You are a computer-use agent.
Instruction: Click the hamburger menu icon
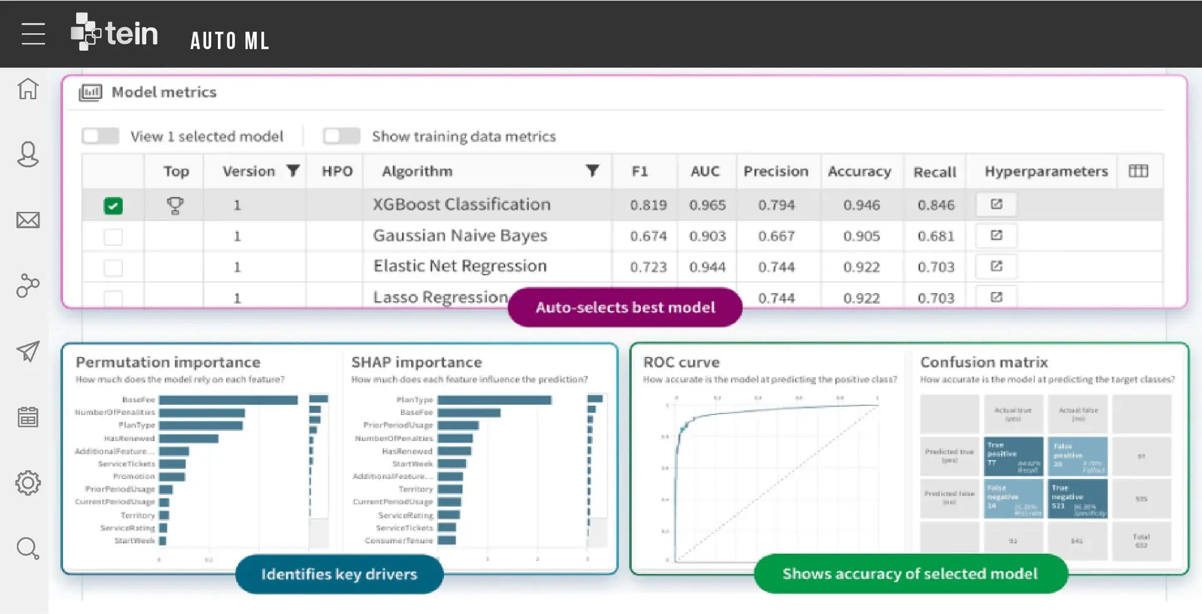point(33,34)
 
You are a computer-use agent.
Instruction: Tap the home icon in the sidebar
point(28,88)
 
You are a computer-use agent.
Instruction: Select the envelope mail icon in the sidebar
point(28,220)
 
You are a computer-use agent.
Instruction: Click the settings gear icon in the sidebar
point(28,483)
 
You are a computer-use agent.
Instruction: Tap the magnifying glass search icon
point(28,549)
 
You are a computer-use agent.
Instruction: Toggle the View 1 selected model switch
point(101,136)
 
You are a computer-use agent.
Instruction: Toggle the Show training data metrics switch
point(341,136)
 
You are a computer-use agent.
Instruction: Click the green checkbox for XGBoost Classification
point(113,206)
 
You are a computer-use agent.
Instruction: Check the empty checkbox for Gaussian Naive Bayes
point(113,237)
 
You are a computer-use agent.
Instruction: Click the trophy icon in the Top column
point(175,205)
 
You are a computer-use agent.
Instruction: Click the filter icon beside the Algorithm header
point(592,170)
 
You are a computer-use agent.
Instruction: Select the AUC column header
point(705,171)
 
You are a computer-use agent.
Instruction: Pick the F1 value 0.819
point(648,205)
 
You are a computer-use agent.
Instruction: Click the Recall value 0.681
point(936,236)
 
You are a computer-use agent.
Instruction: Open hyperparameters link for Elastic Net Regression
point(996,266)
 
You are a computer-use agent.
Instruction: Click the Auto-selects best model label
point(625,307)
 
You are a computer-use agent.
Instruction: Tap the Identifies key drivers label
point(339,574)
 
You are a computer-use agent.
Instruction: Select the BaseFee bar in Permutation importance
point(229,400)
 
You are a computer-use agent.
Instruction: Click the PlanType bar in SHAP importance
point(494,400)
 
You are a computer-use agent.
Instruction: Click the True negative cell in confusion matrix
point(1077,498)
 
